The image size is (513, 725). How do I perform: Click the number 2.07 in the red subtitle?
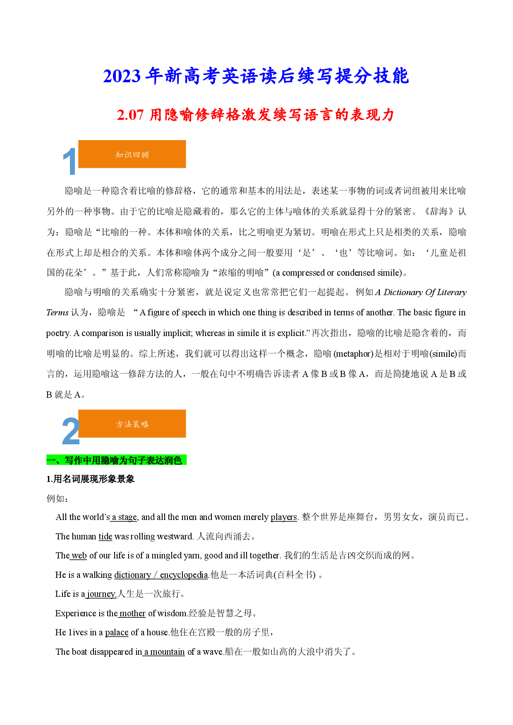[x=130, y=115]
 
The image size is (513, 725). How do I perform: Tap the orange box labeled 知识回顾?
[x=132, y=154]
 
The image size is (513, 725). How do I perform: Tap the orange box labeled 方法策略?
[x=132, y=424]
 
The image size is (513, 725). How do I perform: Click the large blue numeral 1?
[x=70, y=162]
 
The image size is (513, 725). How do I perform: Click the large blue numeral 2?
[x=70, y=431]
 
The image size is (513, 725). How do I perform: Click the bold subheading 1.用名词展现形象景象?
[x=91, y=479]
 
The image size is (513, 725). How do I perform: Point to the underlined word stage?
[x=127, y=518]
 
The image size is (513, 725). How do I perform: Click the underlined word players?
[x=284, y=518]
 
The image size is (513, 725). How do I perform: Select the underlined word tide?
[x=105, y=537]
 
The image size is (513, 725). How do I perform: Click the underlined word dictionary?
[x=133, y=575]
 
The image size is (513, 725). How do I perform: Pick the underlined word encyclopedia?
[x=184, y=575]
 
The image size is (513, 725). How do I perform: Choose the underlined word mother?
[x=132, y=613]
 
